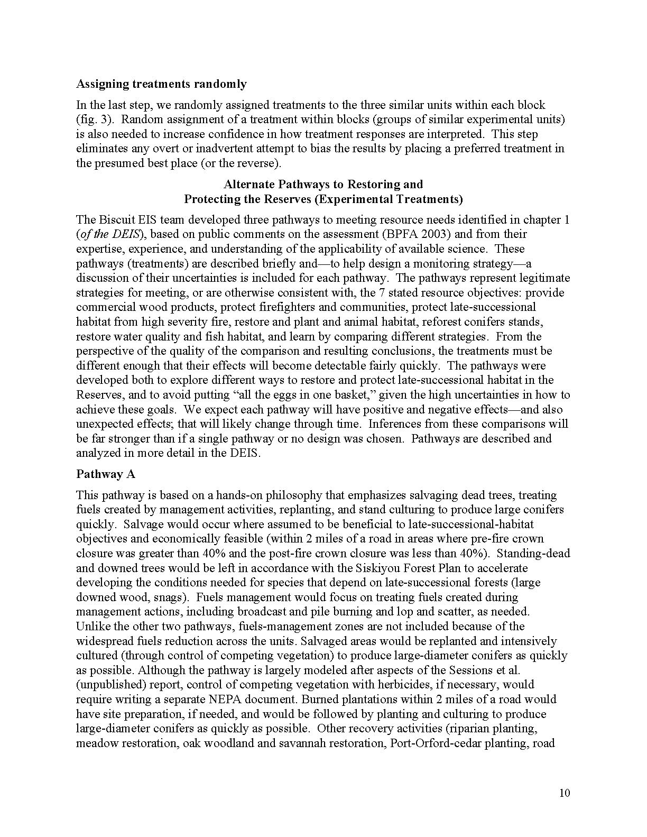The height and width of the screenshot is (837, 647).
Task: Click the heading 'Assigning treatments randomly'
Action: tap(161, 84)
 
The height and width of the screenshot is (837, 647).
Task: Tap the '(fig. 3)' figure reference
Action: tap(91, 119)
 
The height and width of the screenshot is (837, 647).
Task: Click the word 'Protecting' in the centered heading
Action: tap(210, 199)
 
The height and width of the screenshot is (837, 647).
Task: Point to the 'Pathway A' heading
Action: tap(106, 474)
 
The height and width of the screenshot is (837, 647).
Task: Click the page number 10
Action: tap(565, 793)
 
